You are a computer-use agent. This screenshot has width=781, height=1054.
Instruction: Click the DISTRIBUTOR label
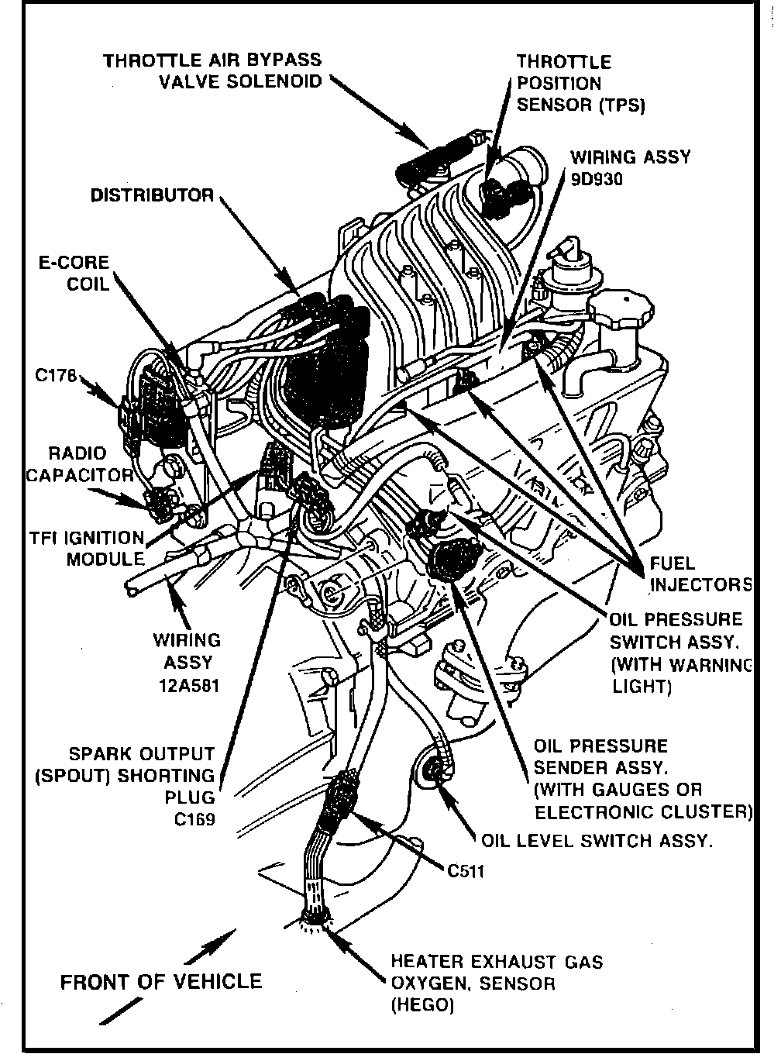(152, 195)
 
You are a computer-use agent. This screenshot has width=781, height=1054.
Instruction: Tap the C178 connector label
(57, 376)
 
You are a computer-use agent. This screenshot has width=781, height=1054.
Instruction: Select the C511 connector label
(466, 871)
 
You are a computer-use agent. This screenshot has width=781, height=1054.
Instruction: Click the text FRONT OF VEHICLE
(161, 982)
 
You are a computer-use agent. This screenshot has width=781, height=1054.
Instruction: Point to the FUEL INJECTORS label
(700, 573)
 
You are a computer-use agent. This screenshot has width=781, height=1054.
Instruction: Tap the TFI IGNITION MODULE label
(86, 548)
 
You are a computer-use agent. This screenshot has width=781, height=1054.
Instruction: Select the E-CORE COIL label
(74, 273)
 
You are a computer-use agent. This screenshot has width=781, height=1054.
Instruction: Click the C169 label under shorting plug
(194, 818)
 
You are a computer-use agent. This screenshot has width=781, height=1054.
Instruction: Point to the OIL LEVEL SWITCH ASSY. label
(597, 841)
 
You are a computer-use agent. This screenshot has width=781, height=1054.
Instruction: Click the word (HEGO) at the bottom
(421, 1005)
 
